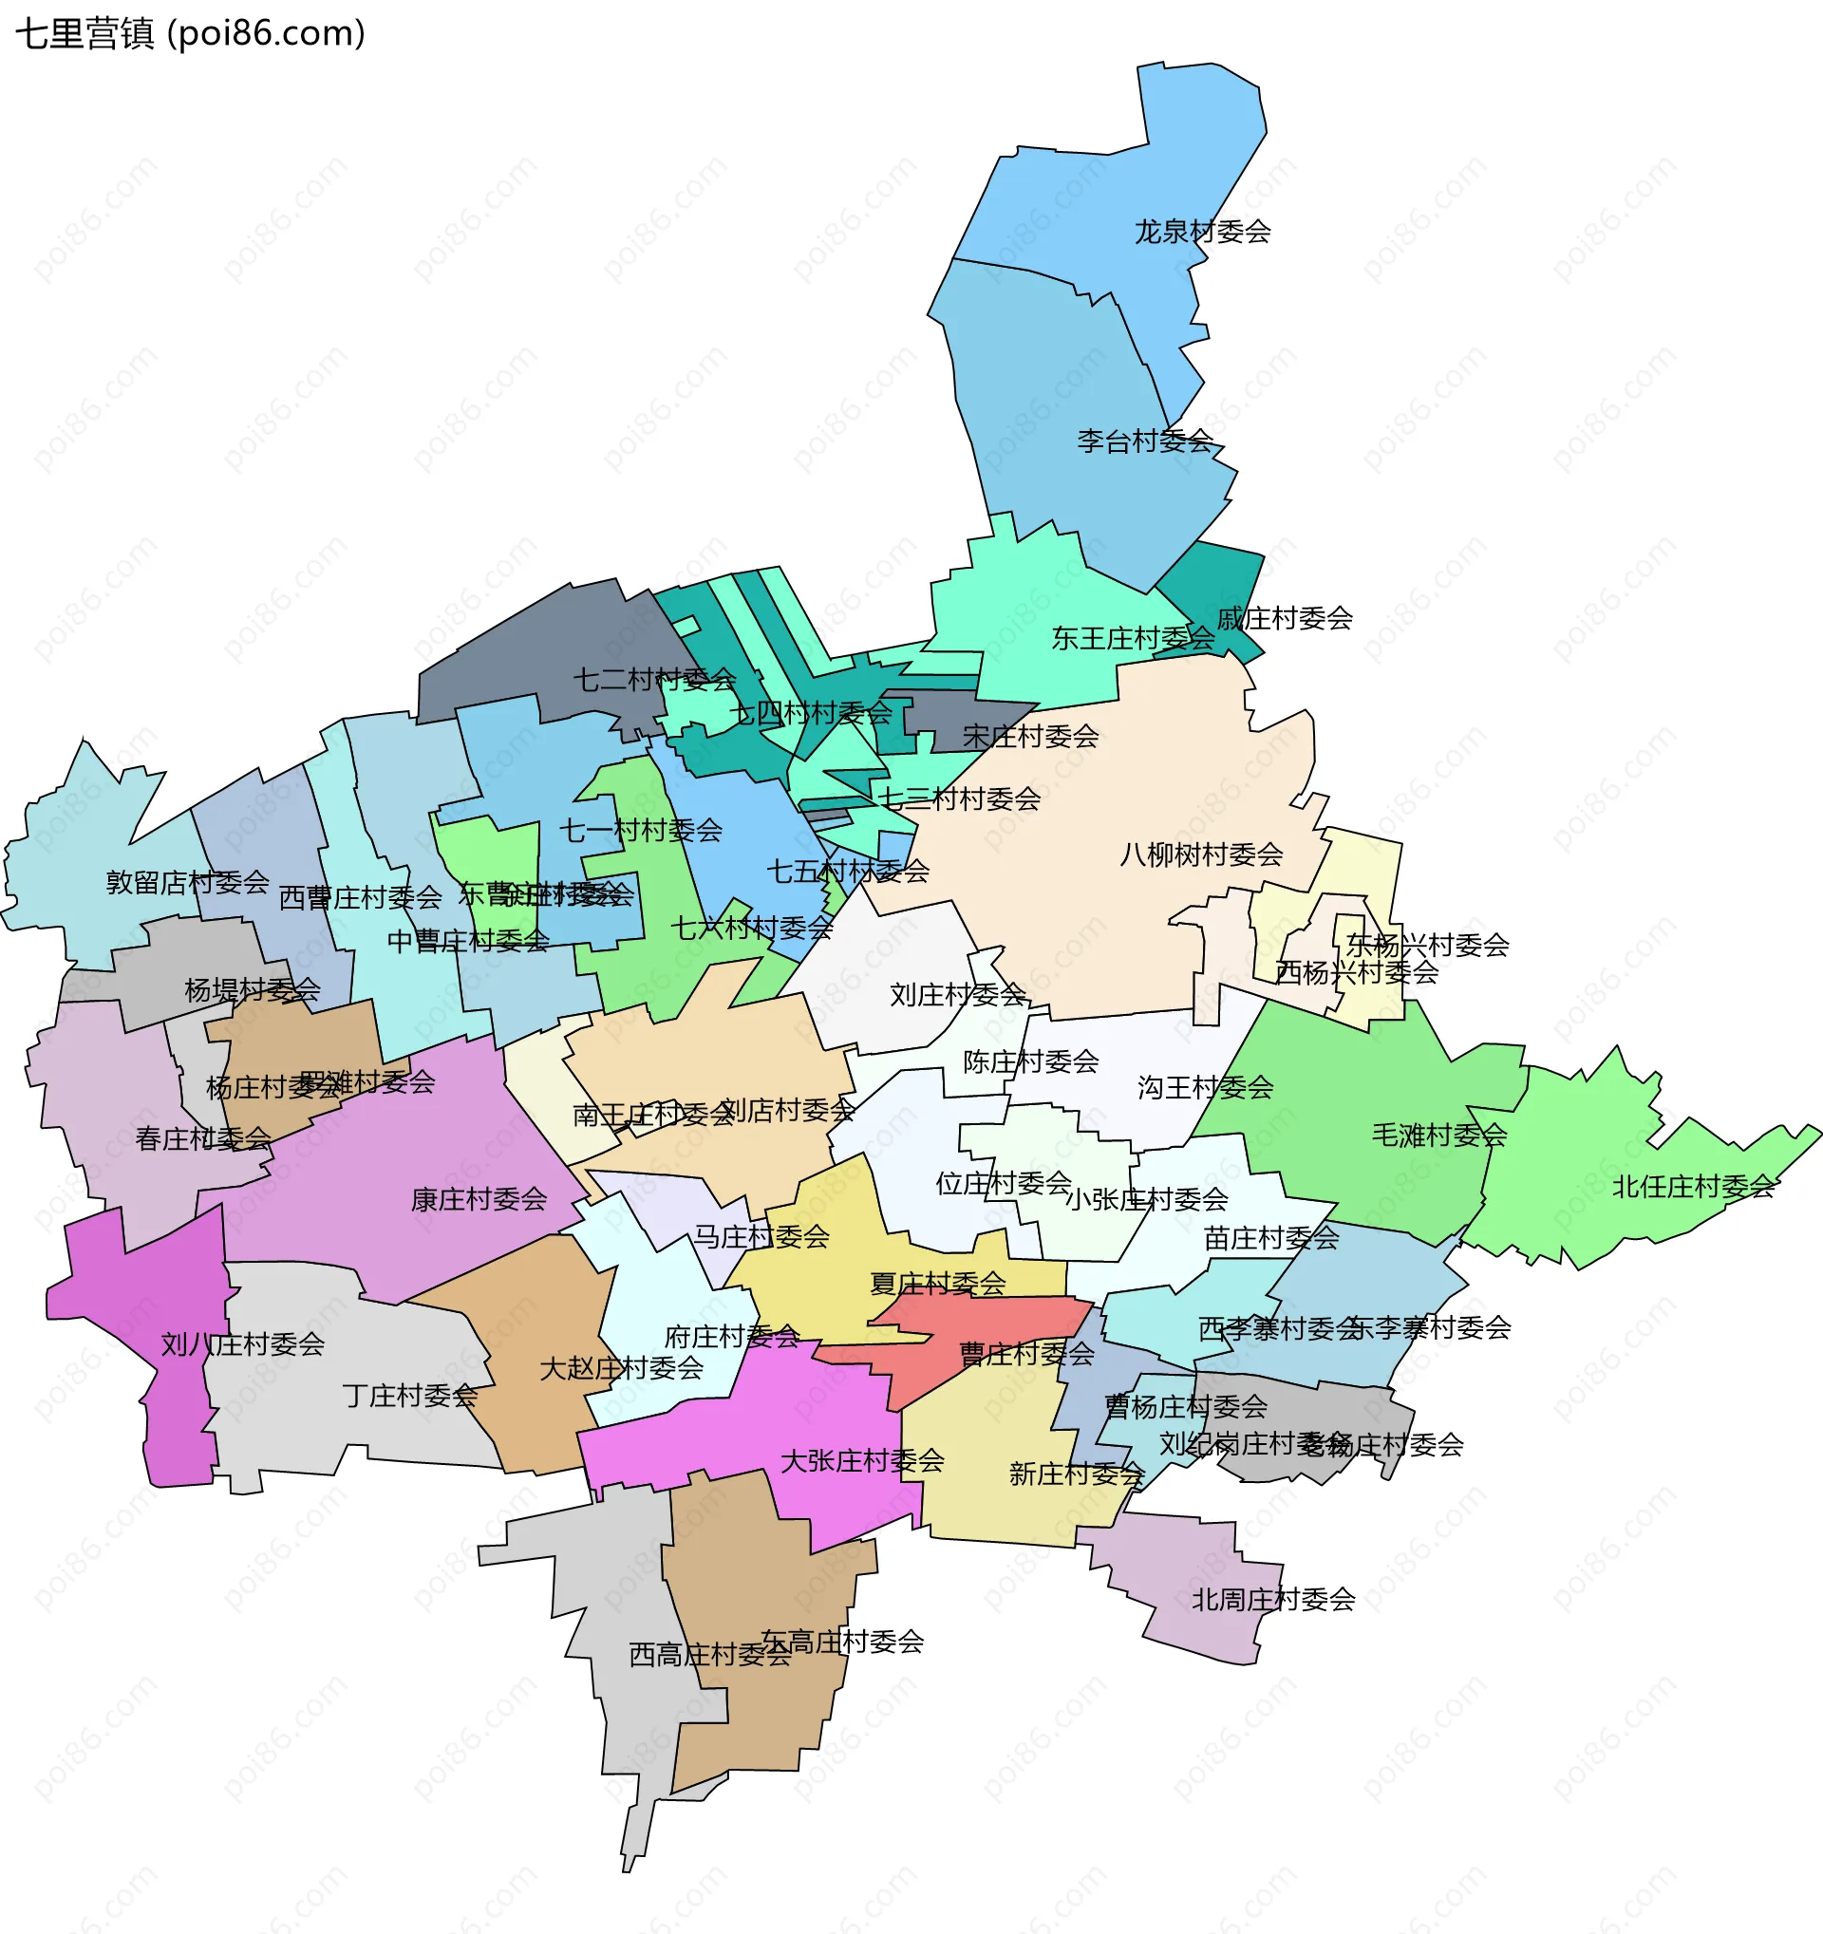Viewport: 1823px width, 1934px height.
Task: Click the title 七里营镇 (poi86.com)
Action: coord(190,34)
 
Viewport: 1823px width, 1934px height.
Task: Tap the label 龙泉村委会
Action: coord(1202,232)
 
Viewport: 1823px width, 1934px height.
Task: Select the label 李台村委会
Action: coord(1144,441)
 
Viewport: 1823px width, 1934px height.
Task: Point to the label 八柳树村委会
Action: coord(1201,855)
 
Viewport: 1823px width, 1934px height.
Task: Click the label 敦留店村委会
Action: coord(188,882)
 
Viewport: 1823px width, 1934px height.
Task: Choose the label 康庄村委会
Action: coord(479,1199)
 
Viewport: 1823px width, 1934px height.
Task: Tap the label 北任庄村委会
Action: coord(1694,1187)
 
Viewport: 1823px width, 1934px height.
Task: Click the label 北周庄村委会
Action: coord(1273,1600)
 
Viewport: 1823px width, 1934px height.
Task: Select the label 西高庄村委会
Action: coord(709,1655)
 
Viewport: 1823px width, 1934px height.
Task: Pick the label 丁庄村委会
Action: coord(409,1396)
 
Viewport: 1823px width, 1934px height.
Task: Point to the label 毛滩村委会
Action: coord(1438,1135)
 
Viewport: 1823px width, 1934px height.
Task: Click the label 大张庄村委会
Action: coord(862,1461)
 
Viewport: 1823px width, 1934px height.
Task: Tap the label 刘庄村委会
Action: coord(957,995)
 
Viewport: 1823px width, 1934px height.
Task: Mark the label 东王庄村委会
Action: coord(1134,638)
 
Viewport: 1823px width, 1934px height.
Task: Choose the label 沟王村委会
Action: coord(1205,1088)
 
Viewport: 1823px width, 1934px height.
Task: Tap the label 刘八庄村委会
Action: coord(242,1344)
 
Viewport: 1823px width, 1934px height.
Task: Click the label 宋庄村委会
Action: coord(1030,737)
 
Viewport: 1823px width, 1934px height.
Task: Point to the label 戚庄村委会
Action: coord(1284,618)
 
